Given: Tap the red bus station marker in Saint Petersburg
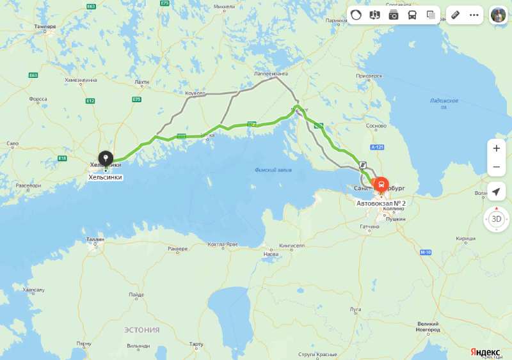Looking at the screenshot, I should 381,185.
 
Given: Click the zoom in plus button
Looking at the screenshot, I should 496,148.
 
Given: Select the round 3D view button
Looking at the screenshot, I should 497,219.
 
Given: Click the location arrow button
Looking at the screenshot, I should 496,191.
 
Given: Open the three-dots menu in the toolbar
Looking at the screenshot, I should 474,15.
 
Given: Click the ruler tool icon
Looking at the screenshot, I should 455,15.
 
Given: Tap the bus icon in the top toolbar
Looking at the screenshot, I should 412,15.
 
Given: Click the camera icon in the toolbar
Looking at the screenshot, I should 394,15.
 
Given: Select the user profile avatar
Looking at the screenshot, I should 499,15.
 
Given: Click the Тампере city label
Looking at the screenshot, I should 46,26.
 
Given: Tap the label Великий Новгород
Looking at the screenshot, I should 428,327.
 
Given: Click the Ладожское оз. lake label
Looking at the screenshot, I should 444,104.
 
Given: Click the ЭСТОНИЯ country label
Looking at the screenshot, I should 141,330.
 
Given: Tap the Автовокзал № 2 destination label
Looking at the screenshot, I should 381,203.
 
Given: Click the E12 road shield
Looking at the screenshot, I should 90,100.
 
